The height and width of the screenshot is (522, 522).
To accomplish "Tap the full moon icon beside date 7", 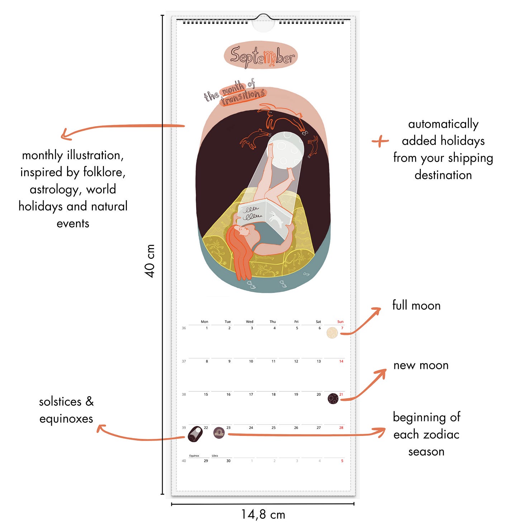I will point(332,333).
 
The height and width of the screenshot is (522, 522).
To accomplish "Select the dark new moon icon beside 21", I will point(333,398).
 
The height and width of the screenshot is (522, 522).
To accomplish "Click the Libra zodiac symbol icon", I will point(219,433).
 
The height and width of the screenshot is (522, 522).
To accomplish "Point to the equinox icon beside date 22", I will point(195,434).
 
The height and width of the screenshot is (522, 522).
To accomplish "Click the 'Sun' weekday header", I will point(340,322).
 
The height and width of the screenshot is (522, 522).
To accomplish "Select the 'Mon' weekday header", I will point(204,322).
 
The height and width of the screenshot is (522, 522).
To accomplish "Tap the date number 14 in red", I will point(341,361).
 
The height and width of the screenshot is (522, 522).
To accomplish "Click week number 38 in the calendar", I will point(184,394).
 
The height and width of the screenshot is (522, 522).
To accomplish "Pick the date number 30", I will point(228,461).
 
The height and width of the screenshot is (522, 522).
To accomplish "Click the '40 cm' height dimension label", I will point(150,261).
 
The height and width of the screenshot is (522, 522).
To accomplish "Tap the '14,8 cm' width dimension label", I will point(263,514).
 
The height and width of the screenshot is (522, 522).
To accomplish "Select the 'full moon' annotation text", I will point(416,305).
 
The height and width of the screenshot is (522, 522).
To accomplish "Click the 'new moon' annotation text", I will point(421,365).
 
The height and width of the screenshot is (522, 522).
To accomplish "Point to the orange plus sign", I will point(380,141).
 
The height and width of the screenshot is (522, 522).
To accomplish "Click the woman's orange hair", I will point(238,251).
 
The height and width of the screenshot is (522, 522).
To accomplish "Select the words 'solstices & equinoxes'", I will point(66,410).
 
